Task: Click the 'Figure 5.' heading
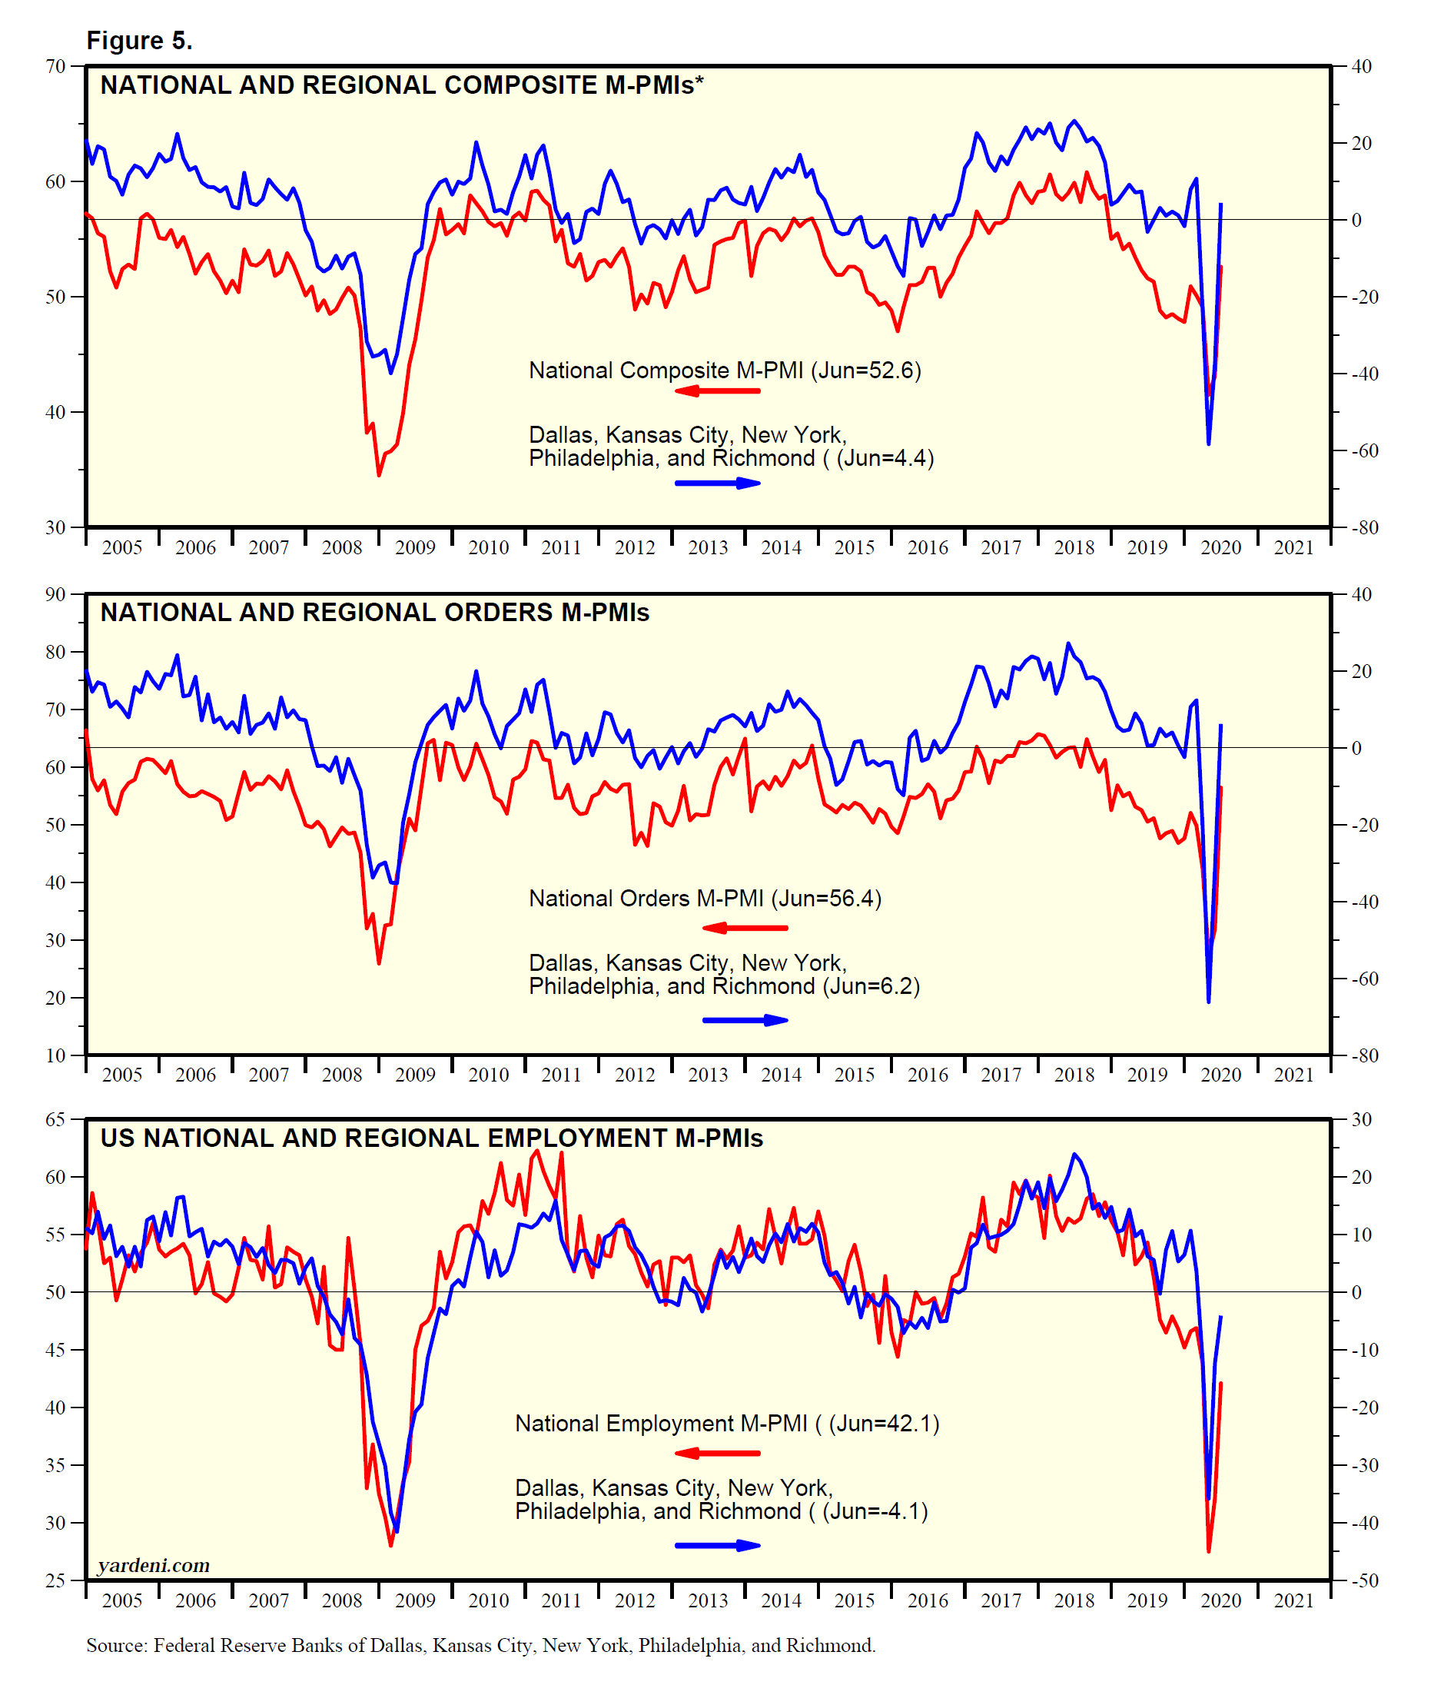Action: pyautogui.click(x=139, y=41)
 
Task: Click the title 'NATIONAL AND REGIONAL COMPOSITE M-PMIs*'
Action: pyautogui.click(x=402, y=85)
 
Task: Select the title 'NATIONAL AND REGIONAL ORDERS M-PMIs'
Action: pyautogui.click(x=374, y=613)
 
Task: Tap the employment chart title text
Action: pyautogui.click(x=431, y=1138)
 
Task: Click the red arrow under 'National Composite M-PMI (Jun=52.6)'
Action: pyautogui.click(x=717, y=391)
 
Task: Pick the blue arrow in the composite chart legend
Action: pyautogui.click(x=717, y=483)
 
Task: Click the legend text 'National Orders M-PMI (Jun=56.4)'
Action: pyautogui.click(x=705, y=899)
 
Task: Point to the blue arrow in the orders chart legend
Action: pyautogui.click(x=745, y=1020)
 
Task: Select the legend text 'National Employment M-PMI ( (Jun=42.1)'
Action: pyautogui.click(x=727, y=1423)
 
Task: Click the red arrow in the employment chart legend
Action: pyautogui.click(x=717, y=1453)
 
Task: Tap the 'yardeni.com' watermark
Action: pyautogui.click(x=154, y=1565)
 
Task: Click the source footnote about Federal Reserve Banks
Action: pyautogui.click(x=480, y=1646)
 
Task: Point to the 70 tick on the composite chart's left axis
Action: pyautogui.click(x=55, y=67)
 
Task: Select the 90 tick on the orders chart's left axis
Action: pyautogui.click(x=55, y=594)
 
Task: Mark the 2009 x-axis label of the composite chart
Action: pyautogui.click(x=415, y=548)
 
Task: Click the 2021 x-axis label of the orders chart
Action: pyautogui.click(x=1294, y=1075)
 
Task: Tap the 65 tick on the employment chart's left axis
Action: pyautogui.click(x=55, y=1120)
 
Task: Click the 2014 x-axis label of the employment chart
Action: pyautogui.click(x=781, y=1601)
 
